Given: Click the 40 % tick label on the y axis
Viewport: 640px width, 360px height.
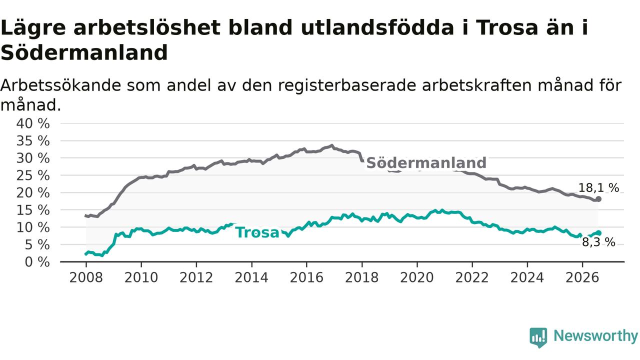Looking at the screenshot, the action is [x=33, y=123].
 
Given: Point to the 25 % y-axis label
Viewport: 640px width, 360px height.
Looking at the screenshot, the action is [x=33, y=175].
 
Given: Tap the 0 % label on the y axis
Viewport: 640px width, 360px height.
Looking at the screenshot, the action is [x=37, y=262].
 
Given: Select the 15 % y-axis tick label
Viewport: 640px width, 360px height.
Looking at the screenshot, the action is [x=33, y=210].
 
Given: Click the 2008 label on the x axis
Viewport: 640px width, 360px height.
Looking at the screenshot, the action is [x=86, y=277].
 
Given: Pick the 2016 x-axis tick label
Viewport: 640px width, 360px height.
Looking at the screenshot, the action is [x=306, y=277].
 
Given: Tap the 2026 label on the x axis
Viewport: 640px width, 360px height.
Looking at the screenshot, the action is [x=582, y=277].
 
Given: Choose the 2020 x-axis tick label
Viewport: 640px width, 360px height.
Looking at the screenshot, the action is [x=417, y=277].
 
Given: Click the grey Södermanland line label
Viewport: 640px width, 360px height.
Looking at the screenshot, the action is [x=426, y=163].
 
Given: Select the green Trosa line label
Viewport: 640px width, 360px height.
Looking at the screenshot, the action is [x=257, y=232].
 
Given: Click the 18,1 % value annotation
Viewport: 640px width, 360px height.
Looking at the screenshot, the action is [x=598, y=188].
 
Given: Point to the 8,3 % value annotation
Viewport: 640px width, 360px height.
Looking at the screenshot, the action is [x=598, y=242].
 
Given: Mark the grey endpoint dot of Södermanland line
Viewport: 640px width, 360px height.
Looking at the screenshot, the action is [x=598, y=199].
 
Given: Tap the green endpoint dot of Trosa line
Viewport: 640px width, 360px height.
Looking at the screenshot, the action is [x=599, y=233].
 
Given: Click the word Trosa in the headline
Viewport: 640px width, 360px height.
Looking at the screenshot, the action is [x=507, y=27].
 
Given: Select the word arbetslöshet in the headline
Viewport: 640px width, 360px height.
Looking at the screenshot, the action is [x=147, y=27].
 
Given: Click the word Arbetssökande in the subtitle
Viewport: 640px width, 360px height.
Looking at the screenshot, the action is [x=60, y=85].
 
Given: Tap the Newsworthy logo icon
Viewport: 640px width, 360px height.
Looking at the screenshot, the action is [x=538, y=337].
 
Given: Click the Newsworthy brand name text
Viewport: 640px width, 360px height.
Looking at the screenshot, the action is [x=595, y=336].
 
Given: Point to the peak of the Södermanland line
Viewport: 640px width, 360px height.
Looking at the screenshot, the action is [x=331, y=145].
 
